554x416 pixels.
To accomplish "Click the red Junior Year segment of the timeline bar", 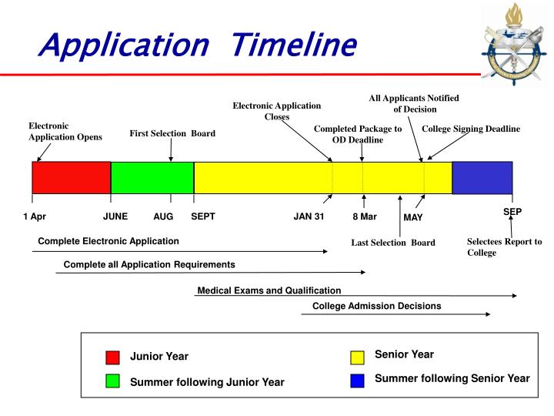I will click(71, 177).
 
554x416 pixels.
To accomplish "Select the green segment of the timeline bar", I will click(152, 177).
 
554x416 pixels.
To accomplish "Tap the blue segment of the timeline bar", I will click(482, 177).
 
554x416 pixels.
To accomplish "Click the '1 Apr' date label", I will click(35, 216).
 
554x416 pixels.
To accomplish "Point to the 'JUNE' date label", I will click(115, 216).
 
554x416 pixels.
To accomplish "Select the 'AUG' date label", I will click(163, 216).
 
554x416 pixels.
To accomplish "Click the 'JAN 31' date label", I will click(309, 216).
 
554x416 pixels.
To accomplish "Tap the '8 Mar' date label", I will click(365, 216).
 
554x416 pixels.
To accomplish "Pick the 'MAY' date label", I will click(413, 217).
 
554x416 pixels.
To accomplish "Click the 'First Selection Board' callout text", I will click(172, 133).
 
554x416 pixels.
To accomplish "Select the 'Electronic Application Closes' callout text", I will click(277, 111).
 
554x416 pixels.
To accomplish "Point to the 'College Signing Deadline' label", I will click(471, 129).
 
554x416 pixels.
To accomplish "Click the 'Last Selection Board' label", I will click(393, 243).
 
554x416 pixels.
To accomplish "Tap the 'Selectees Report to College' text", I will click(504, 247).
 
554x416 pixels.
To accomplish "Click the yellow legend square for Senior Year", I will click(357, 357).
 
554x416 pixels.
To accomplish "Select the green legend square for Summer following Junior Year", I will click(113, 382).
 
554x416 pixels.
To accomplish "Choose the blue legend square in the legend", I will click(357, 380).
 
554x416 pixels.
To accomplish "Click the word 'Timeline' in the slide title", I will click(295, 45).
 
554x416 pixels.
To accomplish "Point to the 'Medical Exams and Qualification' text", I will click(269, 290).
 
